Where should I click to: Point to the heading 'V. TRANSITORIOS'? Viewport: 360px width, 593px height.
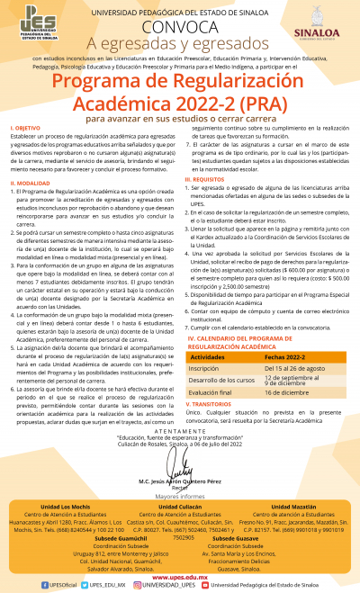(213, 404)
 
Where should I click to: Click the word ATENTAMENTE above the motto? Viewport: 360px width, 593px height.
(180, 428)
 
